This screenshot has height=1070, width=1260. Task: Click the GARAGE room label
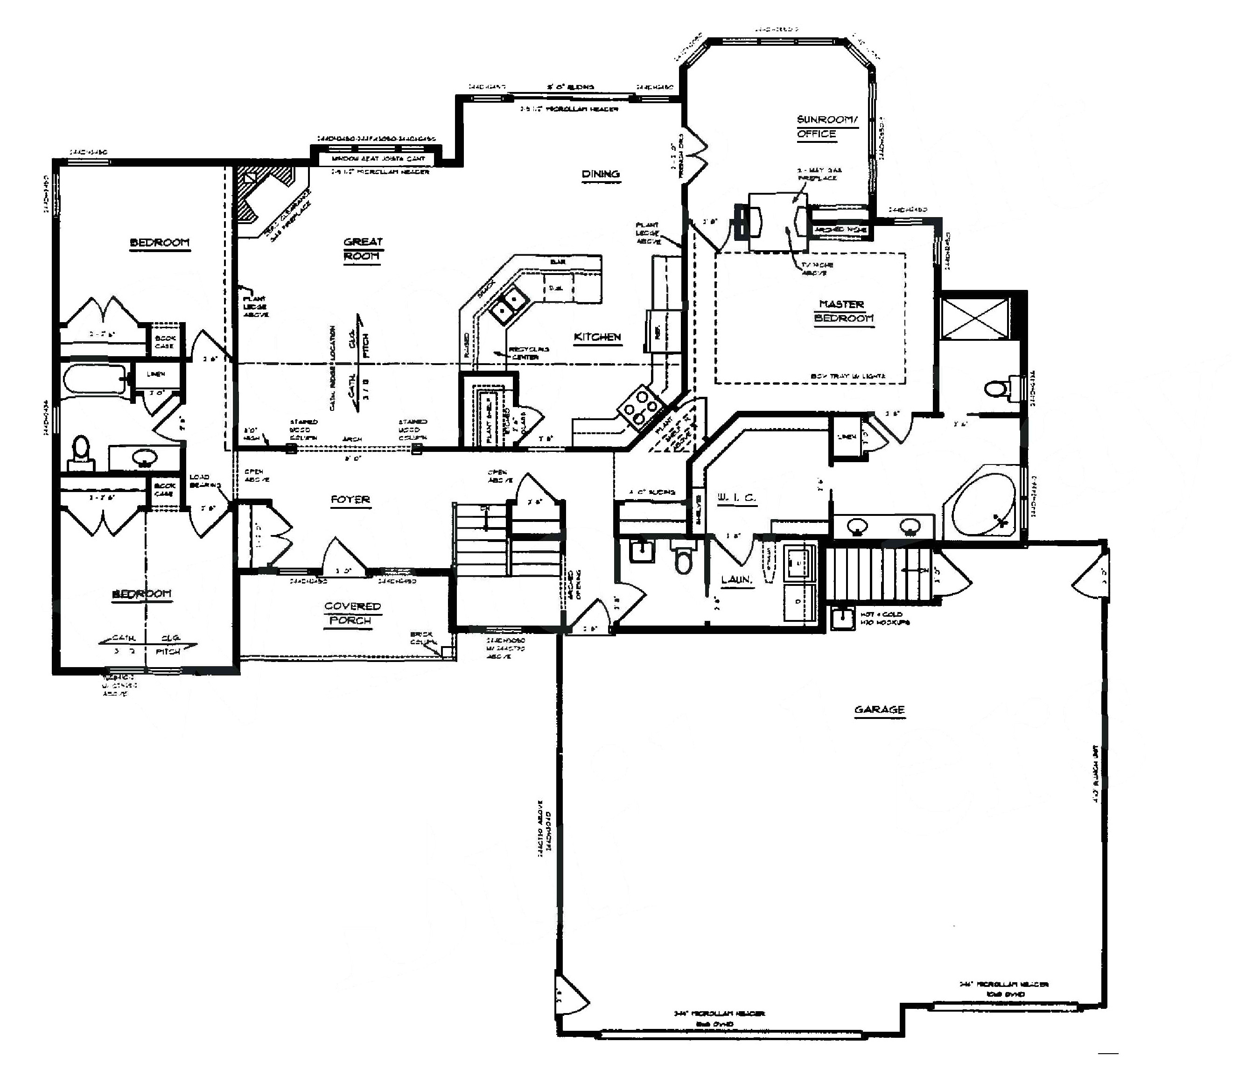click(879, 710)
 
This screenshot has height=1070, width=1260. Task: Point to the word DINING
click(600, 175)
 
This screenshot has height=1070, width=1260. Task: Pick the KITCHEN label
click(597, 337)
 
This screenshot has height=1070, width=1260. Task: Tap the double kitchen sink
click(508, 305)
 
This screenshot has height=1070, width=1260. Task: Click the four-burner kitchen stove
click(639, 408)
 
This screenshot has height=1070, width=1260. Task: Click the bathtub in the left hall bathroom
click(94, 379)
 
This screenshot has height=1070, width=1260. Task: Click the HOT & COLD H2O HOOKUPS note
click(883, 618)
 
